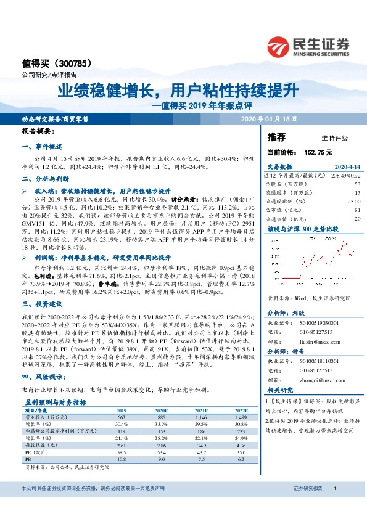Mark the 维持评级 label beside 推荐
(334, 137)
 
